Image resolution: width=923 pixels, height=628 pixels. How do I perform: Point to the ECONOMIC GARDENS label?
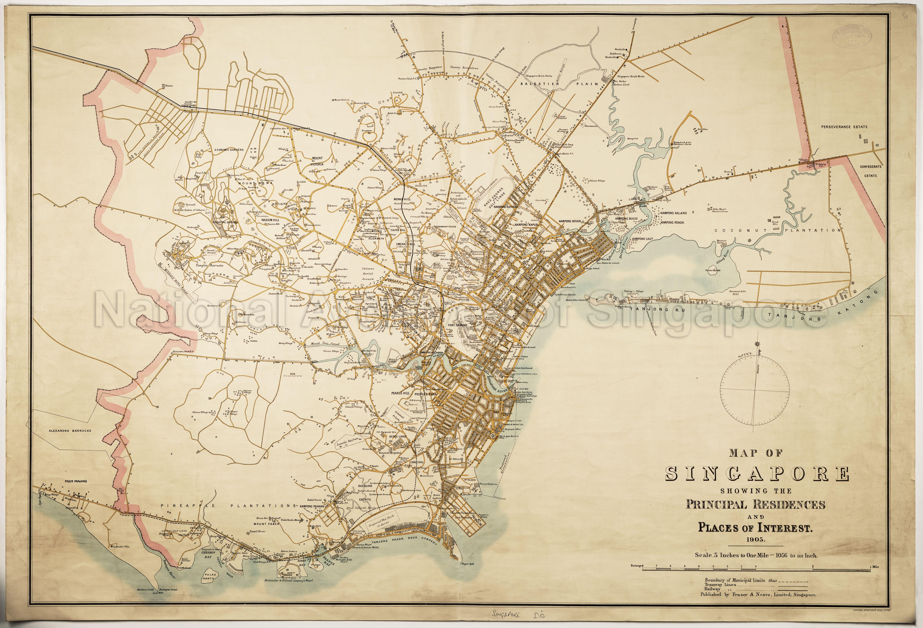[x=229, y=150]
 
